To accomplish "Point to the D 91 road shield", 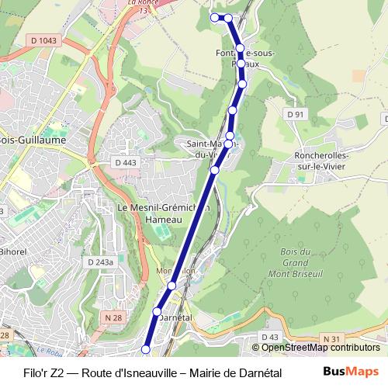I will (295, 115).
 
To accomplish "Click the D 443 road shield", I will (125, 162).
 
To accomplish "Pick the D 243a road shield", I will (100, 262).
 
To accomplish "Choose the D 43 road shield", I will (270, 337).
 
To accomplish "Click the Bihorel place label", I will (12, 253).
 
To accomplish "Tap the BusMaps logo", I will (350, 372).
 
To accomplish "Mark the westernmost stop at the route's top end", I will (215, 17).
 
